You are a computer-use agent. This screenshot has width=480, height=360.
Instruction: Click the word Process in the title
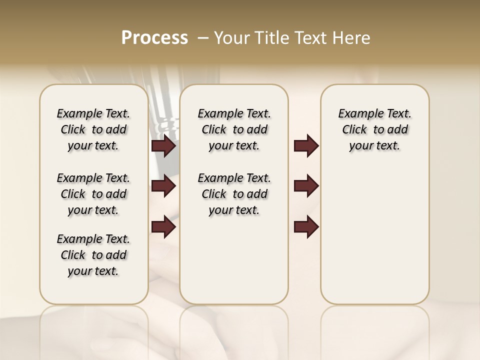[x=154, y=38]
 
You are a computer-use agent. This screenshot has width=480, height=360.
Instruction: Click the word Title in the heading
[x=273, y=38]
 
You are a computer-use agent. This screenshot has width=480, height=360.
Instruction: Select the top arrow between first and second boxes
[x=163, y=146]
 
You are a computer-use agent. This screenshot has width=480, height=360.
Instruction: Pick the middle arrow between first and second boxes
[x=163, y=186]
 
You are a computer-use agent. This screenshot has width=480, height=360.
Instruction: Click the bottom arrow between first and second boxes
[x=163, y=226]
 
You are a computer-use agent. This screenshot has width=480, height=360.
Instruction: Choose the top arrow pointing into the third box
[x=306, y=146]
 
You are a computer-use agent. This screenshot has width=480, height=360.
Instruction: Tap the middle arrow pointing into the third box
[x=306, y=186]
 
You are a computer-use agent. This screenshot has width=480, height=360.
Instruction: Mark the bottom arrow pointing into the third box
[x=306, y=226]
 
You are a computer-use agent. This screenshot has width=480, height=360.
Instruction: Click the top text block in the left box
[x=93, y=130]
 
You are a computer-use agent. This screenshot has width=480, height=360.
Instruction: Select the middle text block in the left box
[x=93, y=194]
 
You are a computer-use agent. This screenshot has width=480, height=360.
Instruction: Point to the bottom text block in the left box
[x=93, y=255]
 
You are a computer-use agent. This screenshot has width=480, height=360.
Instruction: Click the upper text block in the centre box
[x=234, y=130]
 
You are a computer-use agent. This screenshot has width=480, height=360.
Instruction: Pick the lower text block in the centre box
[x=234, y=194]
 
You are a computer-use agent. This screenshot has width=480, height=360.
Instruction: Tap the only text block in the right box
[x=374, y=130]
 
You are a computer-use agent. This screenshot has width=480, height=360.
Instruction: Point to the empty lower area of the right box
[x=374, y=235]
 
